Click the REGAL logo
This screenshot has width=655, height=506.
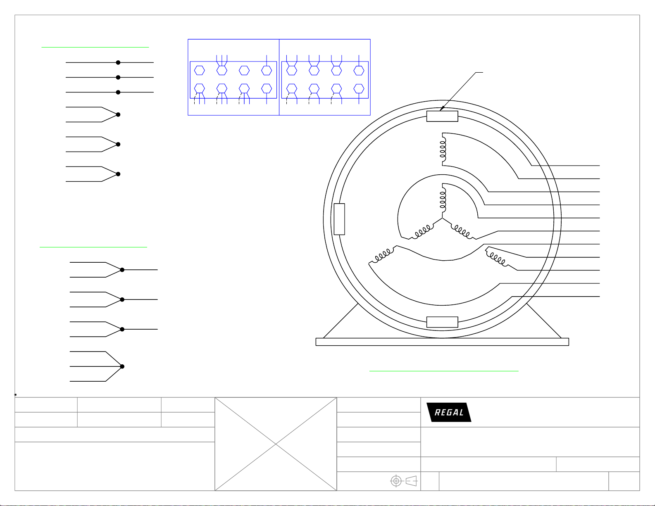pos(449,412)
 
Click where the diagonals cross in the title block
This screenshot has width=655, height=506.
pos(276,444)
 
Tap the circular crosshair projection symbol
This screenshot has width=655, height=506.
pos(396,481)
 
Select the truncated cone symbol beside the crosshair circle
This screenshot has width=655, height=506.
pos(412,481)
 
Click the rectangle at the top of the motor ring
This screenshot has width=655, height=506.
pos(442,116)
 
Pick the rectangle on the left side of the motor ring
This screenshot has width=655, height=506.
pos(339,219)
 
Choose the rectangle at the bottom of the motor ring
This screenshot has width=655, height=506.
pos(442,322)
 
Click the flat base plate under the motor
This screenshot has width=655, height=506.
pos(442,342)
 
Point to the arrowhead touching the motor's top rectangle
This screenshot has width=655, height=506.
pos(442,108)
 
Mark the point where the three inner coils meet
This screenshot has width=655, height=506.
pos(442,218)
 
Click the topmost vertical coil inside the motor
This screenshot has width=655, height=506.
pos(443,150)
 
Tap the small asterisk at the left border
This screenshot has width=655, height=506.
pos(15,394)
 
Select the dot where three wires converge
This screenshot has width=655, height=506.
pos(122,366)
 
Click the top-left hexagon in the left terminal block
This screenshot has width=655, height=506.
pos(200,71)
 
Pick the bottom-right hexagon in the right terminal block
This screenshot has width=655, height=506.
pos(359,89)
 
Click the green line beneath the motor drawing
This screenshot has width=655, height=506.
pos(444,371)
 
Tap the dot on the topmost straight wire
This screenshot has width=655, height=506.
pos(118,63)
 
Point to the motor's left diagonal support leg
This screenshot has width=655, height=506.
pos(341,321)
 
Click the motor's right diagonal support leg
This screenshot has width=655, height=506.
pos(544,321)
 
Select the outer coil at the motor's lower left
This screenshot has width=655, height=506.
pos(381,256)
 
